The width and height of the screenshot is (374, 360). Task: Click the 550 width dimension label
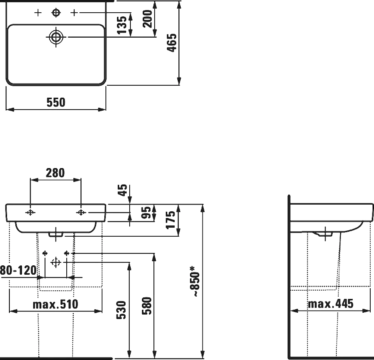point(56,102)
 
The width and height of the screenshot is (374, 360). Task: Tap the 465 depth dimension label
point(172,43)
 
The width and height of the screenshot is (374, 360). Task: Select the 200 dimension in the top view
point(148,19)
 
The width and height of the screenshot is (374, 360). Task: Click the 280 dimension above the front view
point(55,173)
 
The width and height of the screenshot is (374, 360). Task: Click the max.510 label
point(56,304)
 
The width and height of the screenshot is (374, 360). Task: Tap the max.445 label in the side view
point(330,304)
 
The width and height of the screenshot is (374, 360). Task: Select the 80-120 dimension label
point(18,270)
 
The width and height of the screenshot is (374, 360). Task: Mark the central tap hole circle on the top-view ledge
point(56,13)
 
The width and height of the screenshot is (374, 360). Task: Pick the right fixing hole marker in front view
point(81,213)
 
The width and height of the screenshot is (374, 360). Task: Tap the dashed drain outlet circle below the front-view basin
point(56,262)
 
